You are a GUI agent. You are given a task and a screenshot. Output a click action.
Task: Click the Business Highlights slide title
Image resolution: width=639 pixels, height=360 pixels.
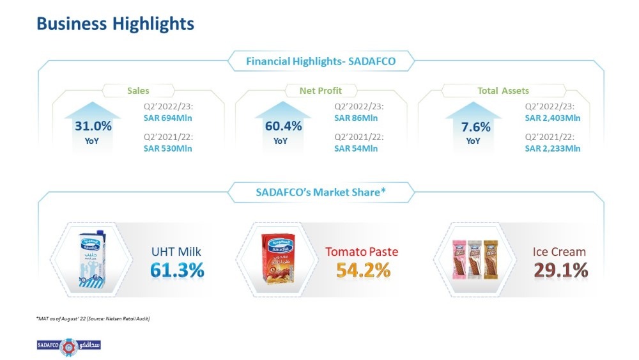coord(115,24)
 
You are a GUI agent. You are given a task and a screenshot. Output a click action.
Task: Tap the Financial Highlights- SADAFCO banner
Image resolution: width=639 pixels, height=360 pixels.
coord(321,61)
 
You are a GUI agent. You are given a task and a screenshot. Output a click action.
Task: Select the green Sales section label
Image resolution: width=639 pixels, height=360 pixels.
coord(138,91)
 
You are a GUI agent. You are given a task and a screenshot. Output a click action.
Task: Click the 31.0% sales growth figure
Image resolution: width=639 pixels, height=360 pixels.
coord(93,126)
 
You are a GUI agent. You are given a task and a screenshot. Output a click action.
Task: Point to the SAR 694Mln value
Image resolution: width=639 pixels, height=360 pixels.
coord(167,118)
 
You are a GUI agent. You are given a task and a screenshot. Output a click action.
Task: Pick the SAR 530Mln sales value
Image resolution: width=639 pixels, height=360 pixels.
coord(167,148)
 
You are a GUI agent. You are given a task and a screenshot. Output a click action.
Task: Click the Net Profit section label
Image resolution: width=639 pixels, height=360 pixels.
coord(321,91)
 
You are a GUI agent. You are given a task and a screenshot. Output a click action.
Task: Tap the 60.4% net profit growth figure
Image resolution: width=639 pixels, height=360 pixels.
coord(283,126)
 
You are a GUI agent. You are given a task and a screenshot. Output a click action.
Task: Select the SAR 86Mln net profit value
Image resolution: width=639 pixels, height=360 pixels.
coord(356,118)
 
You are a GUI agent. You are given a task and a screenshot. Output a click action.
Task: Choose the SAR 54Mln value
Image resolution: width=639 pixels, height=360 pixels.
coord(356,148)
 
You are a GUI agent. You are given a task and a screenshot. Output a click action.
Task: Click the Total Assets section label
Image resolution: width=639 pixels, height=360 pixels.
coord(504,91)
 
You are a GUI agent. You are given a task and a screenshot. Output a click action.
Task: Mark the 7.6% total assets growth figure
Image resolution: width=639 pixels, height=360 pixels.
coord(475,127)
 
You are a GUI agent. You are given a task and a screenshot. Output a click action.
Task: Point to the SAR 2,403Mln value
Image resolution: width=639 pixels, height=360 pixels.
coord(553,118)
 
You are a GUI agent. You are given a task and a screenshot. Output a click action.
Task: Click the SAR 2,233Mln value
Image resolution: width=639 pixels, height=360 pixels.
coord(553,148)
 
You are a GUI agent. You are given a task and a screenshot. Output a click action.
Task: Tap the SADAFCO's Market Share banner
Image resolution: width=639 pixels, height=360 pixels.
coord(321,192)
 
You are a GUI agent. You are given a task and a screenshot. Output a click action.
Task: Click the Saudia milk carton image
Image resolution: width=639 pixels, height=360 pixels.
coord(92,260)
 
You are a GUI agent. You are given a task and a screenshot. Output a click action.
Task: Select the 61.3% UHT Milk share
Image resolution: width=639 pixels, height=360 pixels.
coord(177,270)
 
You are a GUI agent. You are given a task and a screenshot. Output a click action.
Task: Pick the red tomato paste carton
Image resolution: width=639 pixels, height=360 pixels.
coord(278,258)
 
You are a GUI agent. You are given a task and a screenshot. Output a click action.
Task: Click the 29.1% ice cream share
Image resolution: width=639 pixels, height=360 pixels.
coord(561,270)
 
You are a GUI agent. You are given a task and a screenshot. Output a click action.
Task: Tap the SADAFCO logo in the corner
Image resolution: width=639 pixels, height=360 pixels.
coord(69,346)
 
